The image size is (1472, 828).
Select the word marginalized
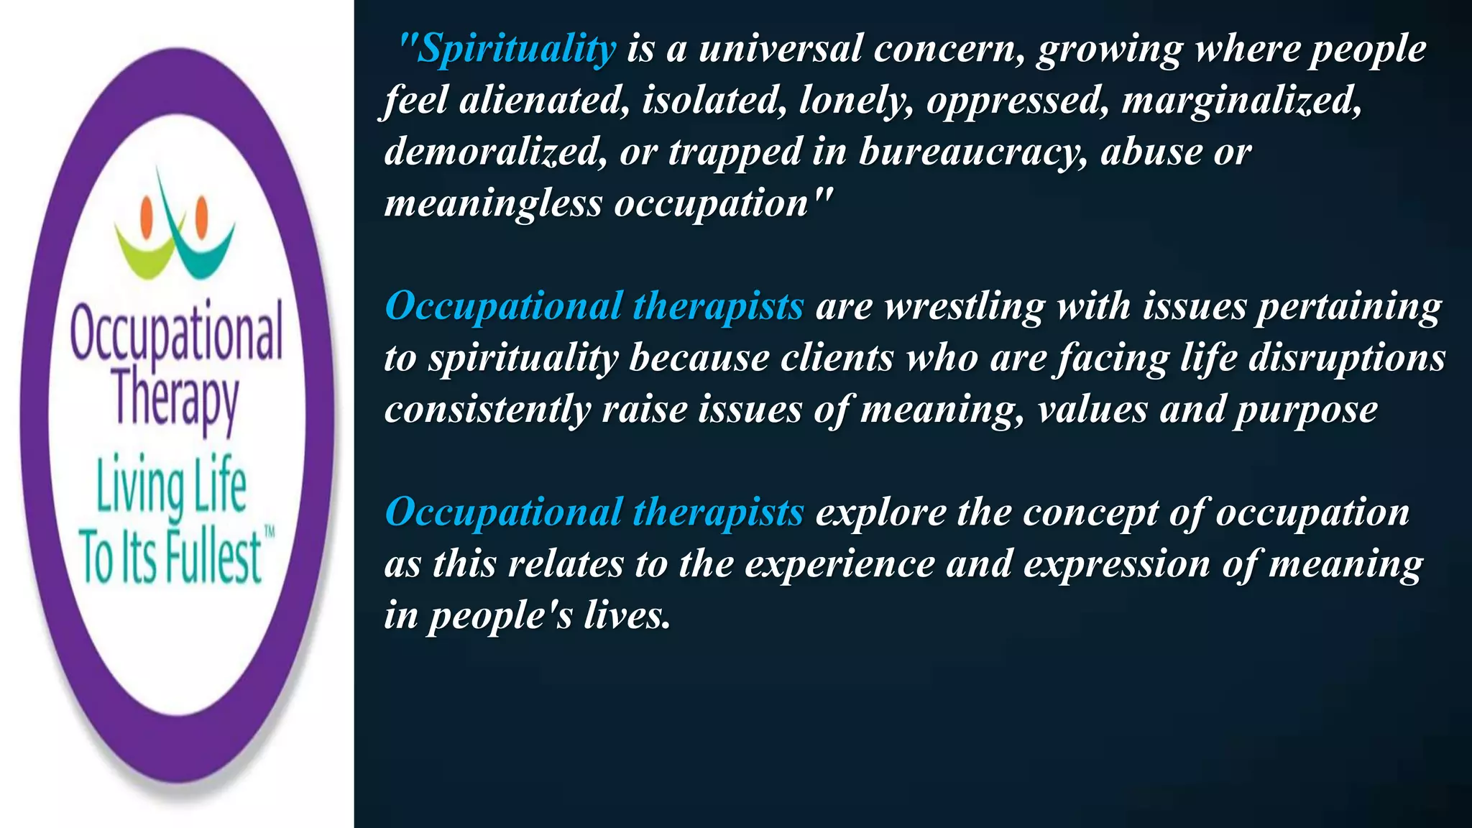pyautogui.click(x=1241, y=100)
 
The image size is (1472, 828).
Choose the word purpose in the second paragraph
pyautogui.click(x=1306, y=410)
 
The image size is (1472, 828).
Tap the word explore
pyautogui.click(x=880, y=512)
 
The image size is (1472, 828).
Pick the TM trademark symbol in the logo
pyautogui.click(x=270, y=533)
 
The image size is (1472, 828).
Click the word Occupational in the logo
pyautogui.click(x=176, y=332)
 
